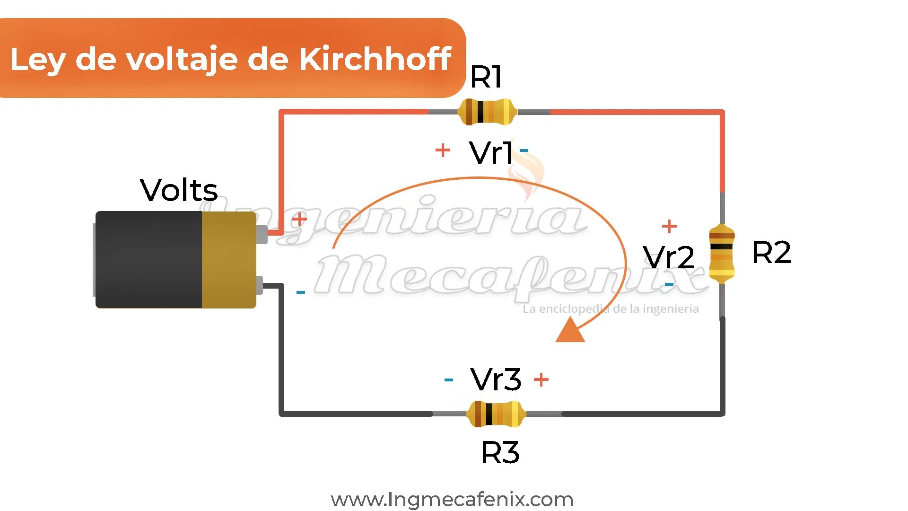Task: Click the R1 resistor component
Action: (x=486, y=112)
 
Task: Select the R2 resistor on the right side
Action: (x=722, y=254)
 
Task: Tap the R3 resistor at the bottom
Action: (x=496, y=414)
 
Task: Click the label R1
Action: (x=486, y=77)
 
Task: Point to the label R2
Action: (x=771, y=252)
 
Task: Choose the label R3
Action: (x=500, y=452)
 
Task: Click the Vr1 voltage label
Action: (x=491, y=152)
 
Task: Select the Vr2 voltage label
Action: (x=669, y=257)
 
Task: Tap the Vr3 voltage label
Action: (x=496, y=379)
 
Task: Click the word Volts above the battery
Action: (x=179, y=190)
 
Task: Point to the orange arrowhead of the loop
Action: (x=570, y=330)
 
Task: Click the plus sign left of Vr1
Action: (x=443, y=150)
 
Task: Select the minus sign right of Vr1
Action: (x=524, y=150)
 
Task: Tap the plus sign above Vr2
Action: (x=669, y=226)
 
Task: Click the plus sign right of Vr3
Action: (x=541, y=379)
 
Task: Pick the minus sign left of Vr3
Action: (x=449, y=379)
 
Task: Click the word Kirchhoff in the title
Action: (x=375, y=59)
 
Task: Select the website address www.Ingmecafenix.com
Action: (x=452, y=499)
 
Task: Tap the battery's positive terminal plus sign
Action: (x=299, y=219)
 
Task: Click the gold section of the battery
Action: (x=229, y=260)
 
